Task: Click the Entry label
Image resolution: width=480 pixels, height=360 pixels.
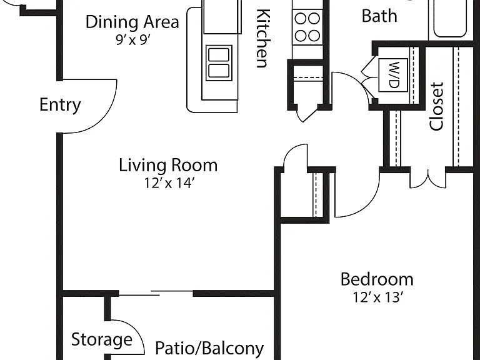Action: pyautogui.click(x=60, y=105)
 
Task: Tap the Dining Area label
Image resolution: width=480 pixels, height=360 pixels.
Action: pyautogui.click(x=132, y=22)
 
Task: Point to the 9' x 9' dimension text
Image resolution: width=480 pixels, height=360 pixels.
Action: pyautogui.click(x=133, y=40)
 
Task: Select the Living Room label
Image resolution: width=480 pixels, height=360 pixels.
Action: pyautogui.click(x=168, y=165)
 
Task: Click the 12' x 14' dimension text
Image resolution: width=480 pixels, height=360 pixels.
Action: pyautogui.click(x=169, y=183)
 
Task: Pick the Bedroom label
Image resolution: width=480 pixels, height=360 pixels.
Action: pyautogui.click(x=377, y=279)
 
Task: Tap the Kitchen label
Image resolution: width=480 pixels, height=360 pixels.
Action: pyautogui.click(x=262, y=38)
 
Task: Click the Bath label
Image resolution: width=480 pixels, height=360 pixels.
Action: pyautogui.click(x=379, y=16)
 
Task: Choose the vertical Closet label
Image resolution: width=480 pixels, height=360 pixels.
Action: pyautogui.click(x=437, y=106)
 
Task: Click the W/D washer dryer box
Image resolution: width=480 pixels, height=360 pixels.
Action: pyautogui.click(x=393, y=75)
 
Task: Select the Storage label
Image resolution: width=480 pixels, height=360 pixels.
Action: pyautogui.click(x=102, y=339)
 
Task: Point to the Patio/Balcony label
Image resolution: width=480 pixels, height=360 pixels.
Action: pyautogui.click(x=209, y=348)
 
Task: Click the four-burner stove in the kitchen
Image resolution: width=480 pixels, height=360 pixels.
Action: pyautogui.click(x=307, y=27)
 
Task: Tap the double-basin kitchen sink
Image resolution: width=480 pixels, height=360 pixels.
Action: pyautogui.click(x=219, y=62)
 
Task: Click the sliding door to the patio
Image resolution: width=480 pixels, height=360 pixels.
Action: pyautogui.click(x=156, y=293)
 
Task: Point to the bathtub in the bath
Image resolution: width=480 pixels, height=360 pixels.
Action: pyautogui.click(x=450, y=18)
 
